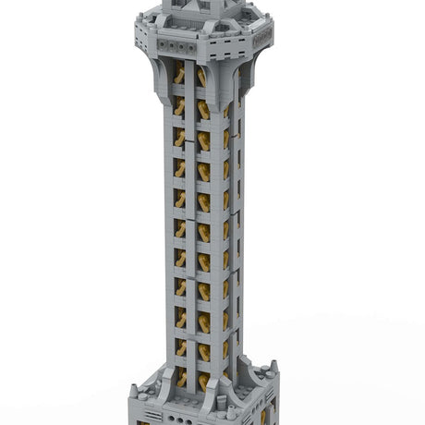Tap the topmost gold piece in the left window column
tap(179, 74)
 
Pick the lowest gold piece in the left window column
tap(181, 378)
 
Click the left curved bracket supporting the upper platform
tap(163, 69)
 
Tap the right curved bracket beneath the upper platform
tap(243, 72)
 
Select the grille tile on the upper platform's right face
tap(261, 34)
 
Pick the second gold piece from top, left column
tap(179, 105)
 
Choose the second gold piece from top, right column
tap(202, 110)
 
